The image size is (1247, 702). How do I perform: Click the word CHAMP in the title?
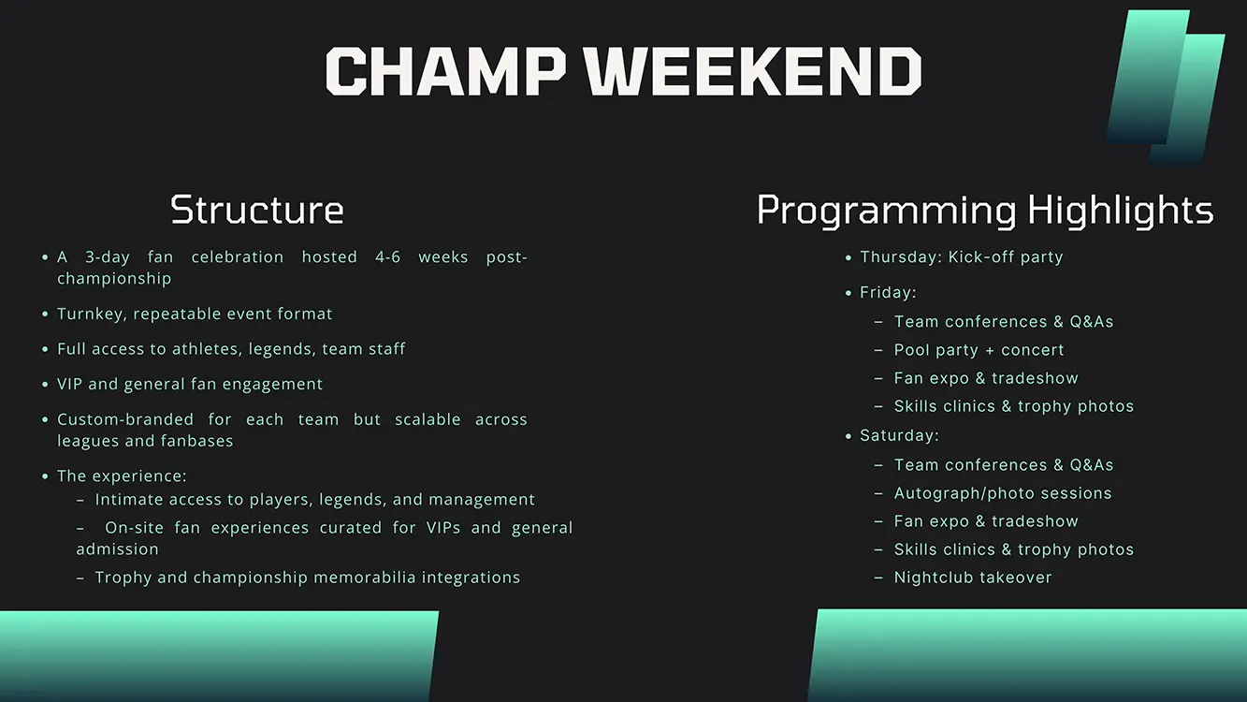tap(446, 71)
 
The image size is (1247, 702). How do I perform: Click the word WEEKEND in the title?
tap(753, 71)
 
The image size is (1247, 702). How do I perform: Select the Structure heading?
tap(257, 210)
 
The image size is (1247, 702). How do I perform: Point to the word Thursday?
tap(901, 257)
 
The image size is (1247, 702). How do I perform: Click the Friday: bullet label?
tap(888, 292)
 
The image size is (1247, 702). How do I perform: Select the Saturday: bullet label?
tap(899, 435)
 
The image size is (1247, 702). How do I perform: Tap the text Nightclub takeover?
tap(973, 578)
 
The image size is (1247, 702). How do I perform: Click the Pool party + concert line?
tap(979, 350)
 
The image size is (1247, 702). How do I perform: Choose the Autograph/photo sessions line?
tap(1003, 493)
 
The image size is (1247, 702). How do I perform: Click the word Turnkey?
tap(93, 314)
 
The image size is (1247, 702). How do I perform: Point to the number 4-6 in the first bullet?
tap(387, 256)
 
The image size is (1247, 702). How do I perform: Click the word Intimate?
tap(129, 499)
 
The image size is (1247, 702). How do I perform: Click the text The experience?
tap(122, 476)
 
